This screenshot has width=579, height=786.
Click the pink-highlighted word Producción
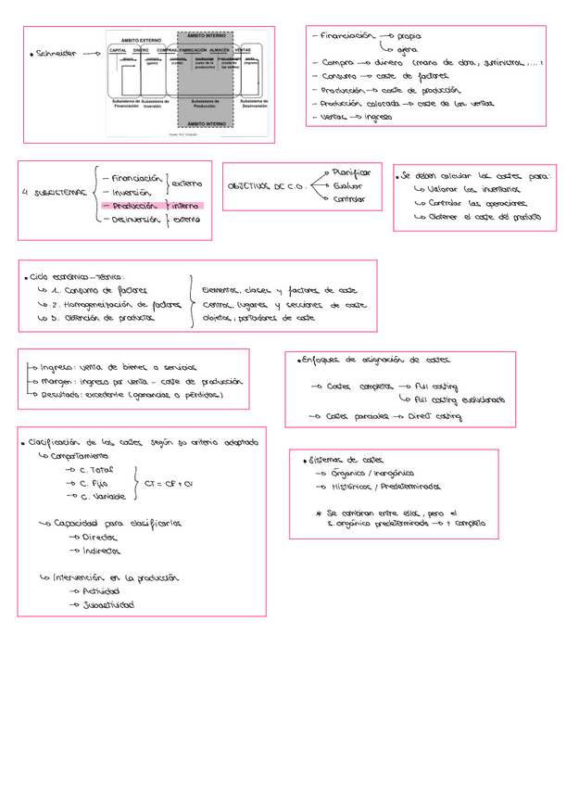(135, 206)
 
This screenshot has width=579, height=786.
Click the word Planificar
(352, 172)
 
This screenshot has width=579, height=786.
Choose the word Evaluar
(347, 185)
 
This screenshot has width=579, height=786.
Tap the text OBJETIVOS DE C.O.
(267, 186)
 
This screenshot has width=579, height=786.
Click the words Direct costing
(434, 417)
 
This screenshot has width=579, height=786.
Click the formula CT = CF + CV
(169, 484)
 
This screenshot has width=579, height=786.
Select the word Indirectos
(101, 551)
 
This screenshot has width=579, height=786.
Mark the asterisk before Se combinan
(318, 513)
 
